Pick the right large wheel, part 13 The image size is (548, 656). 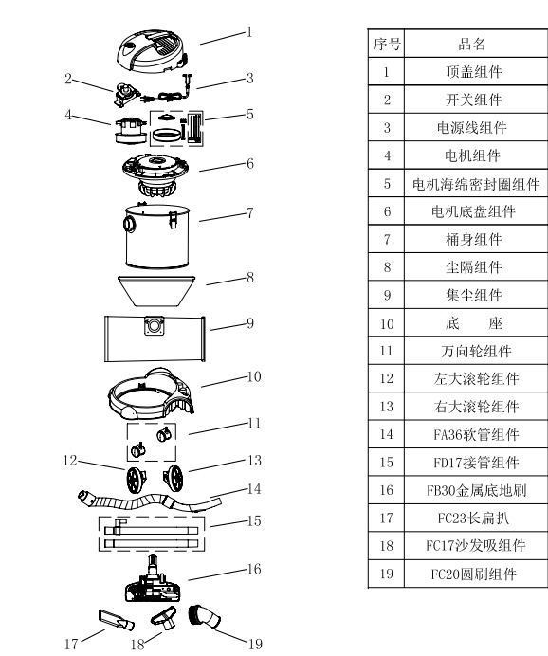176,475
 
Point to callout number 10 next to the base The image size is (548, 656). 254,376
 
